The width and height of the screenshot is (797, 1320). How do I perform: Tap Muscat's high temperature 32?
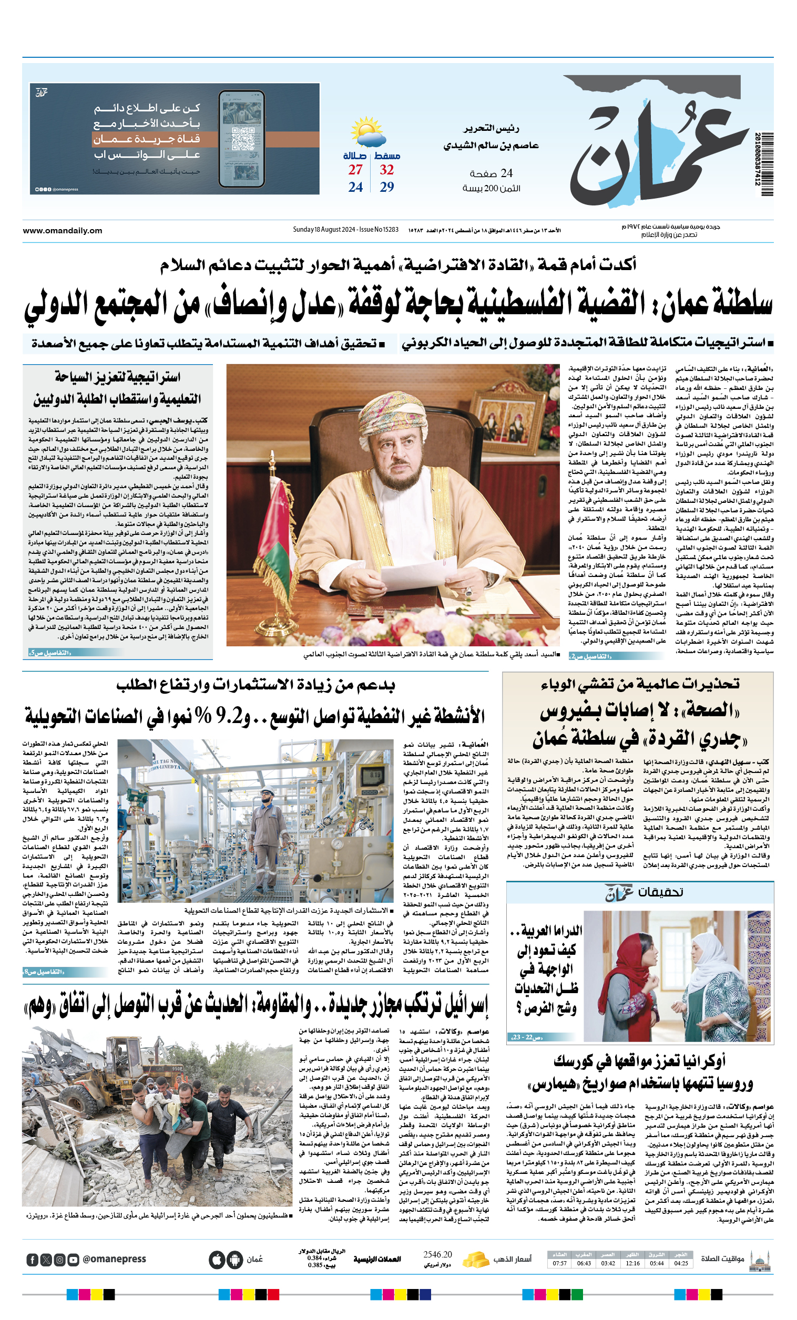tap(386, 170)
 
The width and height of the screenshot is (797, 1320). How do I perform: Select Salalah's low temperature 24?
tap(355, 187)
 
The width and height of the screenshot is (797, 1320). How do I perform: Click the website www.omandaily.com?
tap(62, 230)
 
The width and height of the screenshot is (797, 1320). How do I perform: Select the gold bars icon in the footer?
tap(475, 1260)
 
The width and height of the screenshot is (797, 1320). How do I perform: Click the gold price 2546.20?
tap(437, 1254)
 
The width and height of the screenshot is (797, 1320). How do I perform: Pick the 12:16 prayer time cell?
tap(632, 1263)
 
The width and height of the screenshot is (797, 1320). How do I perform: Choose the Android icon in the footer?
tap(235, 1260)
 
